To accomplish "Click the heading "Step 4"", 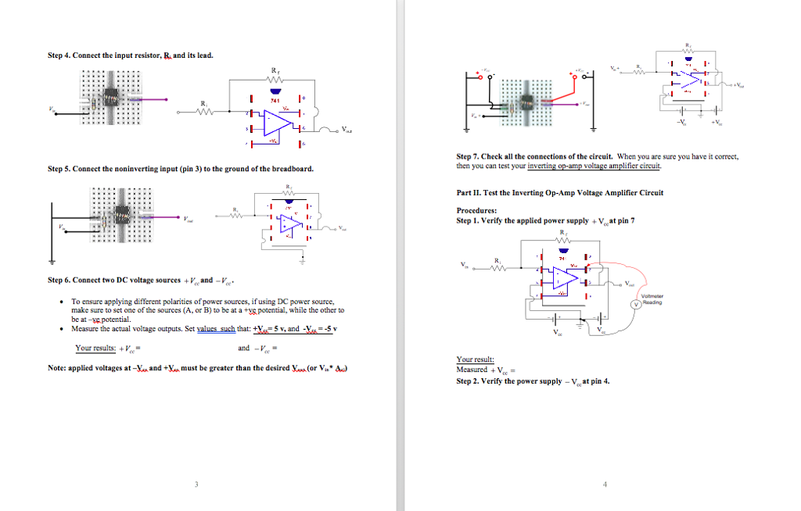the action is (59, 55).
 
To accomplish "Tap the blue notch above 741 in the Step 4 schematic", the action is (275, 92).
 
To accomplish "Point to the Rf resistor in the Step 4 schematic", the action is (274, 81).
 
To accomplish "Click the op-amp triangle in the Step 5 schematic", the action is (291, 223).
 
